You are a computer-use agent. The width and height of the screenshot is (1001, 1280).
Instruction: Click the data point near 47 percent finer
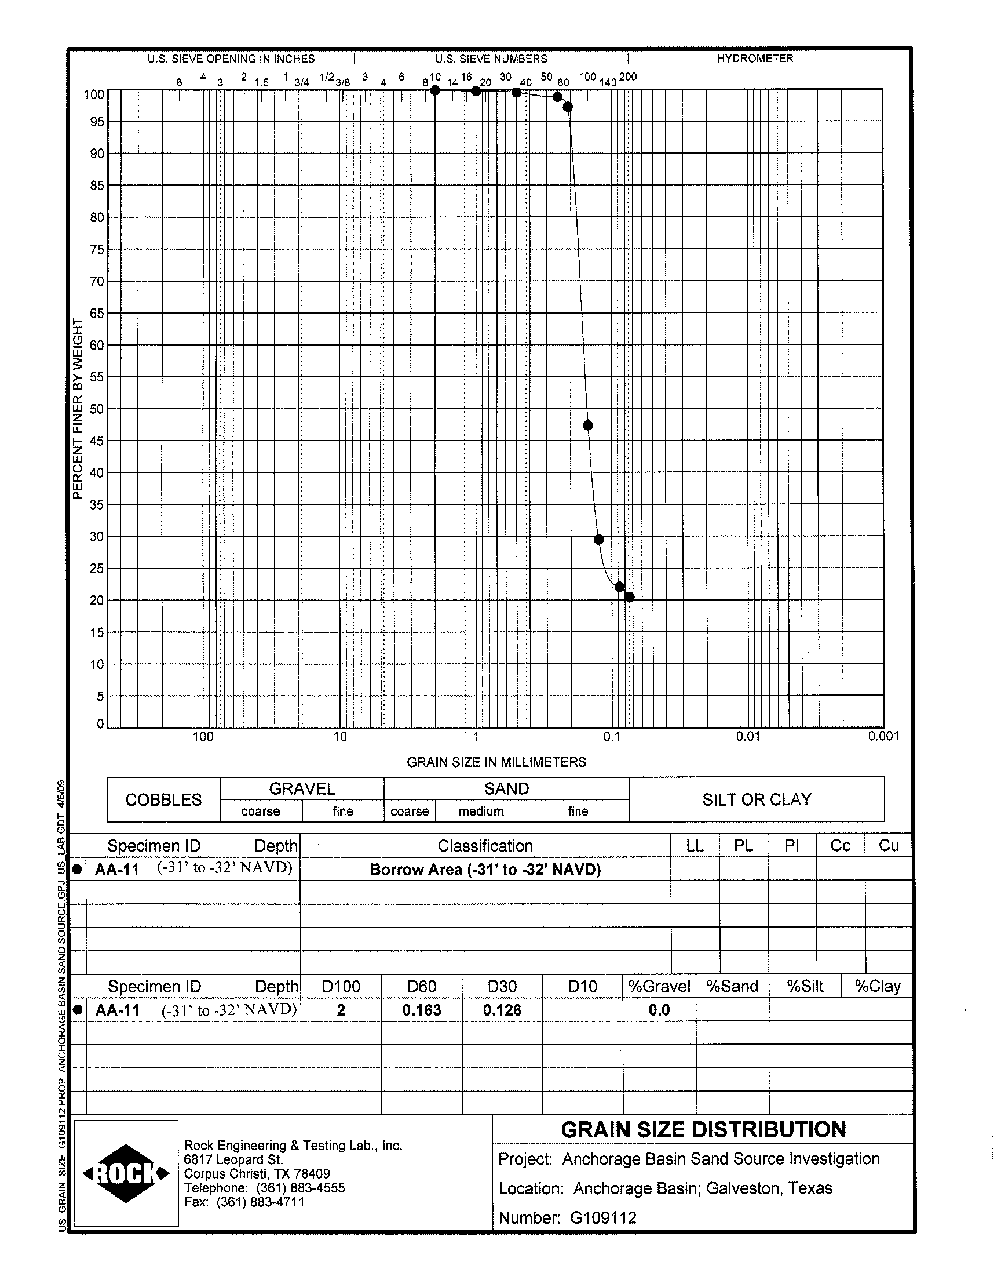tap(588, 426)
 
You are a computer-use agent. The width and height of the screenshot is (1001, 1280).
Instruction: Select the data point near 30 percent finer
tap(598, 540)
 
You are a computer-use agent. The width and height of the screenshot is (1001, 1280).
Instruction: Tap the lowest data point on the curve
tap(630, 598)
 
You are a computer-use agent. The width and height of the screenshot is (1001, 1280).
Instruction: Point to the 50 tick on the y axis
tap(96, 409)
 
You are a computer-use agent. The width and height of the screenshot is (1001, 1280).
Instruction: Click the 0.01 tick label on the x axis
tap(748, 737)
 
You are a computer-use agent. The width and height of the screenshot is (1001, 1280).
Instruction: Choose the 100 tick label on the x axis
tap(203, 737)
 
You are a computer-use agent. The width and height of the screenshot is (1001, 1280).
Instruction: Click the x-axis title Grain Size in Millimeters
tap(496, 762)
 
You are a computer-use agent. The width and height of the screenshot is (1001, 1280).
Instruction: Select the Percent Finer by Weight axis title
tap(78, 409)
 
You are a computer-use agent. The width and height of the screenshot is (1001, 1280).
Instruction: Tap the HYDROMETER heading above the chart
tap(755, 59)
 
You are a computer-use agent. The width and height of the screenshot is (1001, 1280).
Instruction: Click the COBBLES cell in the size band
tap(163, 800)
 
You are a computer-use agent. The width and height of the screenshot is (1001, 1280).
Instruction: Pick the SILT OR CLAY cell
tap(757, 800)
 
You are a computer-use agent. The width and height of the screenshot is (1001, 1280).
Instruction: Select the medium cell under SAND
tap(481, 812)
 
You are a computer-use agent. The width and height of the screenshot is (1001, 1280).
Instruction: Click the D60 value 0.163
tap(421, 1010)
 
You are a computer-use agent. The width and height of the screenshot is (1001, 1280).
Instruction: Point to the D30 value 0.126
tap(502, 1010)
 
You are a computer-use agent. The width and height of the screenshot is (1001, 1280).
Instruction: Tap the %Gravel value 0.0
tap(659, 1010)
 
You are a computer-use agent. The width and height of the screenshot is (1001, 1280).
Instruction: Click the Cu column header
tap(889, 846)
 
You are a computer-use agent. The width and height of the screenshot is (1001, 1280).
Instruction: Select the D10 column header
tap(583, 987)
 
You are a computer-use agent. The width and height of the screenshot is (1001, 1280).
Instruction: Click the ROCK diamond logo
tap(127, 1174)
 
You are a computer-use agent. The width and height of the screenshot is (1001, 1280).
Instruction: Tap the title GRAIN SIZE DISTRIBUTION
tap(703, 1130)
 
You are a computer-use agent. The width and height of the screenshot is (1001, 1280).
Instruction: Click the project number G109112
tap(603, 1218)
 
